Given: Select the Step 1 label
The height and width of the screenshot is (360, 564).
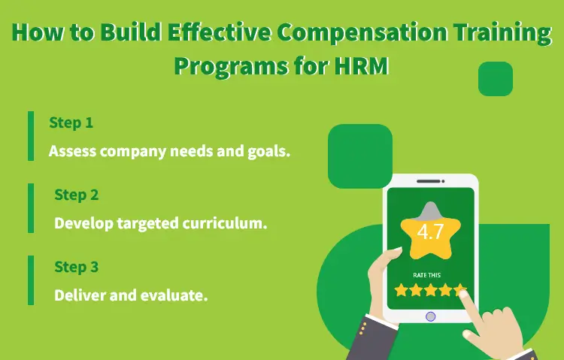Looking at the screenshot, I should [x=71, y=123].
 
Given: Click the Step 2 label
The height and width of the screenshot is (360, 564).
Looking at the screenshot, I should [x=76, y=195].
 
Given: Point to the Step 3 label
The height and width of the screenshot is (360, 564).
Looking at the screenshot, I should [x=76, y=267].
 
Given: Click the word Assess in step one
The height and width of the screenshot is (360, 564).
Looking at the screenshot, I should [x=73, y=150].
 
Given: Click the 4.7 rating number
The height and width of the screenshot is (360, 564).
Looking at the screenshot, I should [x=430, y=231].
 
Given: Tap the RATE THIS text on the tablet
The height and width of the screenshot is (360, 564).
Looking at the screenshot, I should [x=430, y=274].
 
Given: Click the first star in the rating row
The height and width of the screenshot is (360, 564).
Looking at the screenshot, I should [x=401, y=289].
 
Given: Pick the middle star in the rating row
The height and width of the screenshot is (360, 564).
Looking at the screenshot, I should [x=430, y=289].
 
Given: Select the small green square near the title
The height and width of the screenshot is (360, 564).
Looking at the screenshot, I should [x=495, y=79].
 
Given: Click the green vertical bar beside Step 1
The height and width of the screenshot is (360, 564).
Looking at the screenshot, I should [x=31, y=136].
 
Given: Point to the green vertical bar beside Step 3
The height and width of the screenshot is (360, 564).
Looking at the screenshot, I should [x=31, y=280].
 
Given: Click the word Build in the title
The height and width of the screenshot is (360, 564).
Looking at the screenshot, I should [x=111, y=35].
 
